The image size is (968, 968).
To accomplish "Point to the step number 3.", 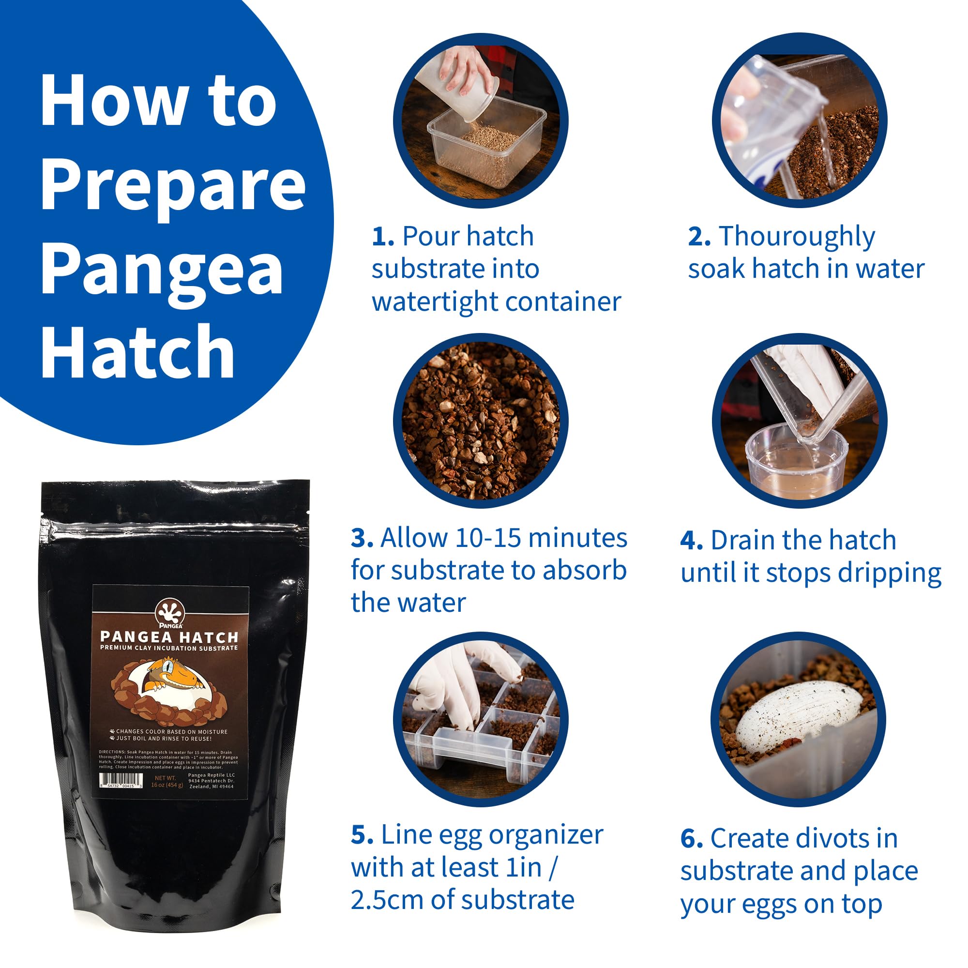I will pos(362,539).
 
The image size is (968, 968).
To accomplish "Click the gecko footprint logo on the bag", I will pos(170,612).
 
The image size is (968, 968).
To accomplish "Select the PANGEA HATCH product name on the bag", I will pos(169,637).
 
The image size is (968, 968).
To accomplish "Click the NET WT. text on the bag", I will pos(165,778).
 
